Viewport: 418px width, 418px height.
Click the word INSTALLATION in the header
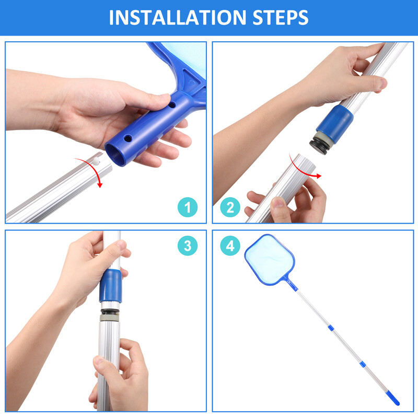point(178,18)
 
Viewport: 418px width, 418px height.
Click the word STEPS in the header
point(280,18)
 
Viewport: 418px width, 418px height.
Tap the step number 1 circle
point(188,207)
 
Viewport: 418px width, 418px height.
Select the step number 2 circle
point(230,207)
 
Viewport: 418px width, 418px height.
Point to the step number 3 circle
point(188,246)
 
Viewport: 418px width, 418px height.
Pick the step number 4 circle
point(230,246)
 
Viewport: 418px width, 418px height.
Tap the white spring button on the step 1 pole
point(96,160)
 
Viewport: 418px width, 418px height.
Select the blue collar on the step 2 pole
point(335,123)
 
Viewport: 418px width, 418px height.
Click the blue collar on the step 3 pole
point(111,286)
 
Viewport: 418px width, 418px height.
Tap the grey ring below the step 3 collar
point(110,318)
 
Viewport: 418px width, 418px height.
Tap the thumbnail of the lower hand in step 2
point(279,203)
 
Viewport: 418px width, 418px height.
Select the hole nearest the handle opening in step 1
point(127,138)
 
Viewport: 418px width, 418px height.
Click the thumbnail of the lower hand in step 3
point(99,361)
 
